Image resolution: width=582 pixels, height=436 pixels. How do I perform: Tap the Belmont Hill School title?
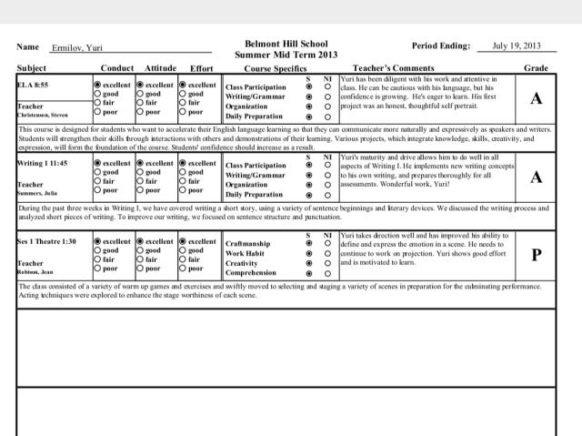point(286,43)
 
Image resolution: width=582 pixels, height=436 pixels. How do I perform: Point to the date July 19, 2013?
point(516,45)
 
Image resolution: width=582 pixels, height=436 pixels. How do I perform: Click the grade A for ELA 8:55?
point(536,98)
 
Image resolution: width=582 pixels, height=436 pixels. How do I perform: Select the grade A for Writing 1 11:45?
point(536,177)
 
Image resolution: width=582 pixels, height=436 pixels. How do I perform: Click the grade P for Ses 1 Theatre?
point(537,255)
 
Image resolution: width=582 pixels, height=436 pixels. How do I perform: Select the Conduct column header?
point(116,68)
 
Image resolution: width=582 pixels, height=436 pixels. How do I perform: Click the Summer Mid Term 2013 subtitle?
point(286,55)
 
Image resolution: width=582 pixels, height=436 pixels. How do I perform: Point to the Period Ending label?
point(442,46)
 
